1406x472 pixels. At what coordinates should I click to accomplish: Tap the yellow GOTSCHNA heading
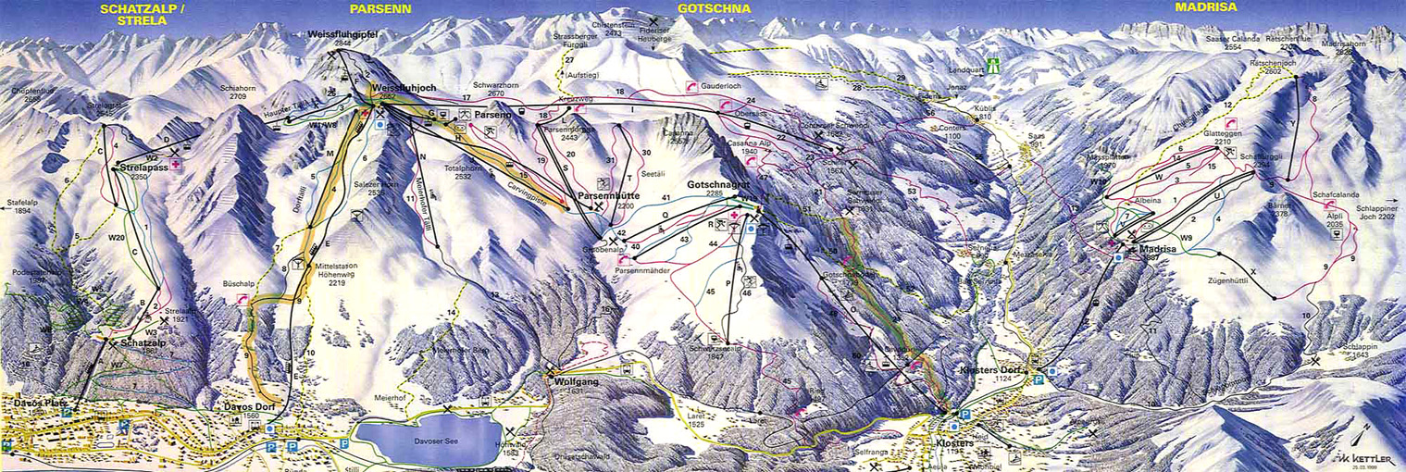(x=713, y=8)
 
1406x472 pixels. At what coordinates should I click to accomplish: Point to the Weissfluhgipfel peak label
(x=343, y=35)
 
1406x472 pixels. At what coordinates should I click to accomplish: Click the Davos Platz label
(x=36, y=403)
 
